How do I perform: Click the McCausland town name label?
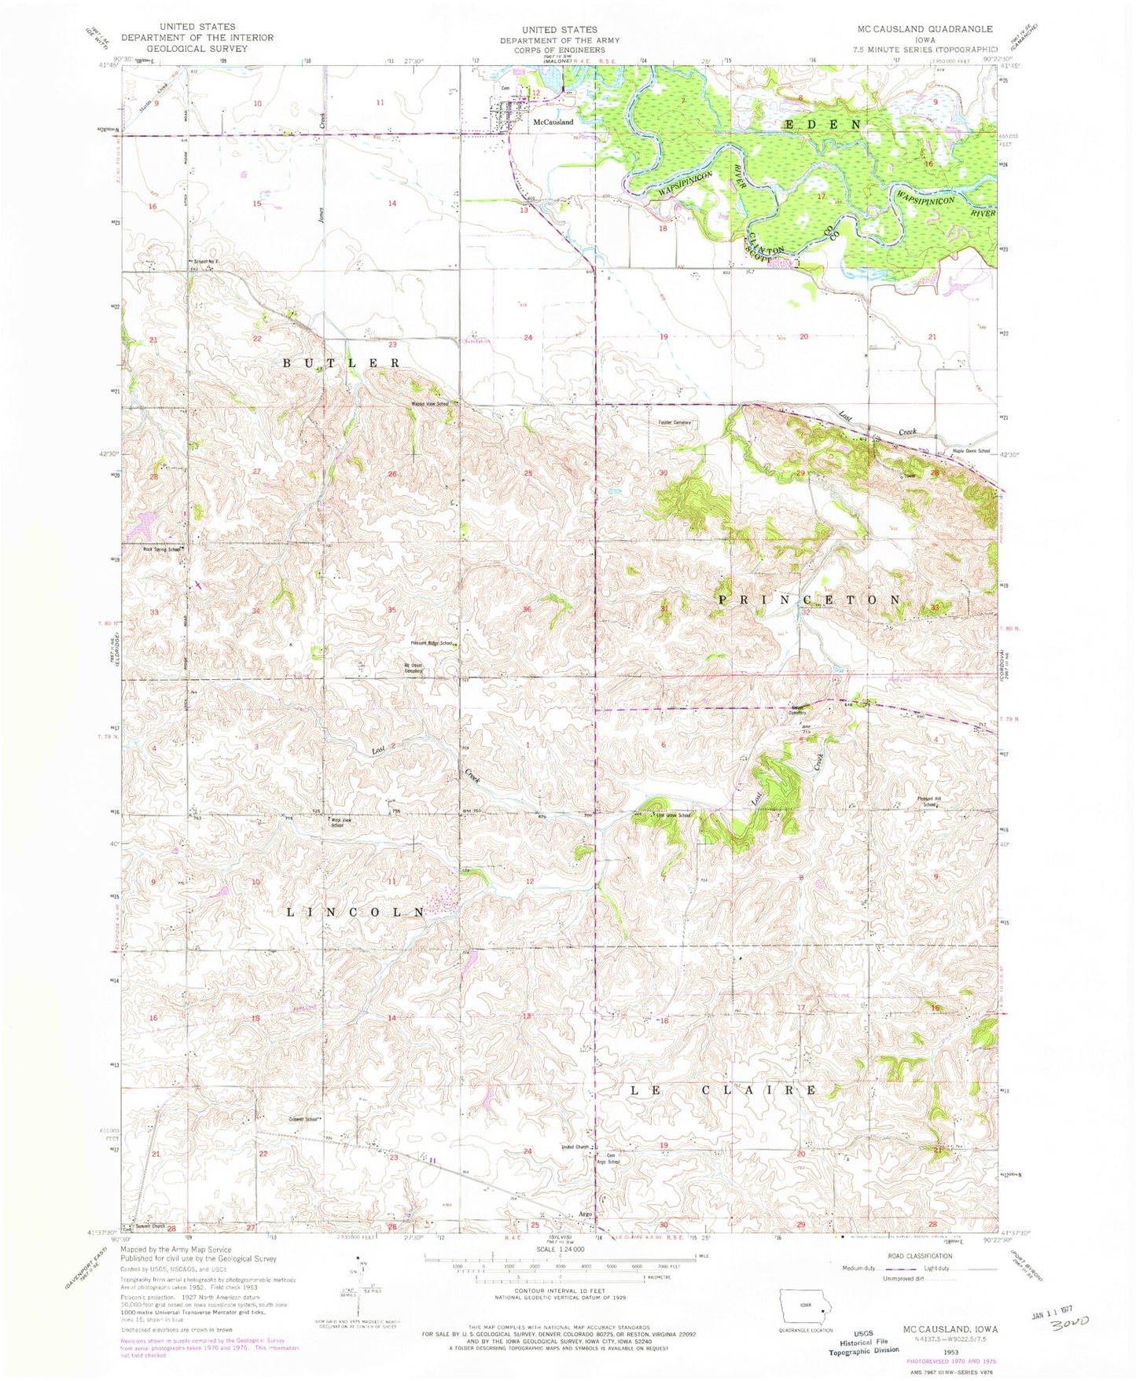[x=553, y=123]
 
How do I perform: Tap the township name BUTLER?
[x=342, y=363]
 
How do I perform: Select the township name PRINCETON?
[x=810, y=600]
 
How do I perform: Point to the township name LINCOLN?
[x=355, y=912]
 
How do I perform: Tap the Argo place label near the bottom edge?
[x=585, y=1214]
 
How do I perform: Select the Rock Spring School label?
[x=163, y=549]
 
